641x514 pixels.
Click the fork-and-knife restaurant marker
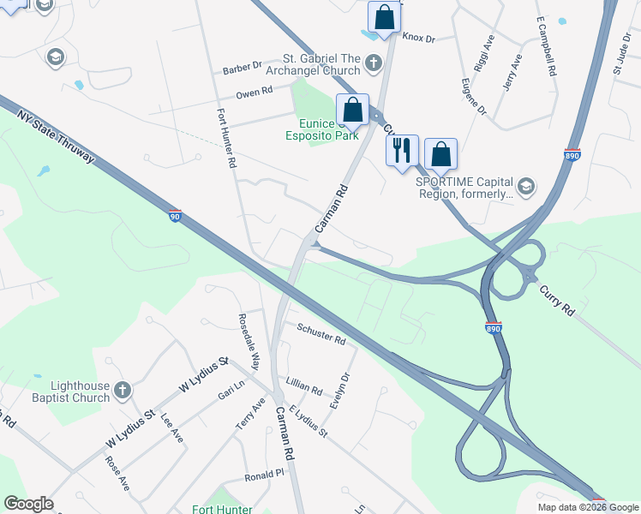[402, 152]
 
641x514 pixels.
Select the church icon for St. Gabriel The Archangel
[373, 63]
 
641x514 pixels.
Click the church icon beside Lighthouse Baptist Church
[122, 391]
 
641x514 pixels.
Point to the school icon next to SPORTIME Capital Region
[526, 187]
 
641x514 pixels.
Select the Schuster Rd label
[320, 334]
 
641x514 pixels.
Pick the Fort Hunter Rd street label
[225, 137]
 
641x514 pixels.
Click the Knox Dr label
[419, 38]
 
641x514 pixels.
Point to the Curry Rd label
[556, 300]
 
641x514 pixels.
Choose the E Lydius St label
[308, 422]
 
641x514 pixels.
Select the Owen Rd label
[254, 91]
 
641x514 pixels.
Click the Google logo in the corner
[29, 504]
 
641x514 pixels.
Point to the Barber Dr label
[242, 66]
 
